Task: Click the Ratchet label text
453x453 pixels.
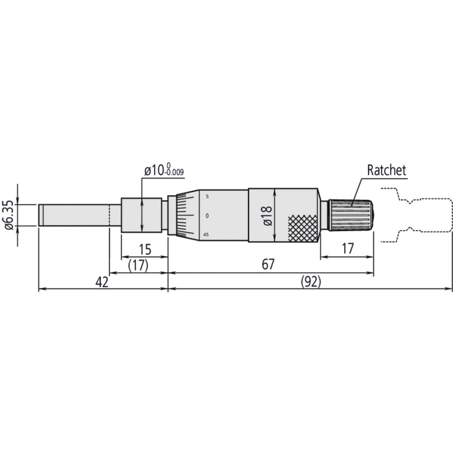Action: pyautogui.click(x=386, y=170)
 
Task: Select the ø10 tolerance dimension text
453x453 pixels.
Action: pyautogui.click(x=164, y=171)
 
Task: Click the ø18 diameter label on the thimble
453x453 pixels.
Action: pyautogui.click(x=267, y=215)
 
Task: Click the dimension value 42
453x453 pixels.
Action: pyautogui.click(x=102, y=282)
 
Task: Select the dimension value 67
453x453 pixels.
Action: pyautogui.click(x=268, y=265)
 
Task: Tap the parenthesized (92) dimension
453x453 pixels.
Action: pyautogui.click(x=311, y=282)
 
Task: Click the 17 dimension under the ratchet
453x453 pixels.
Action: pyautogui.click(x=347, y=248)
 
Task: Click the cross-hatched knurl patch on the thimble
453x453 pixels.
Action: pyautogui.click(x=303, y=228)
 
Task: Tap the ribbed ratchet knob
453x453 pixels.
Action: pyautogui.click(x=351, y=215)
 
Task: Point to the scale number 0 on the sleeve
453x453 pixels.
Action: pyautogui.click(x=207, y=216)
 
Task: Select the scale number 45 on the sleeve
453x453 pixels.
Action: pyautogui.click(x=206, y=235)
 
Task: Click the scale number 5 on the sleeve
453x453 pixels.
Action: pyautogui.click(x=207, y=197)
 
